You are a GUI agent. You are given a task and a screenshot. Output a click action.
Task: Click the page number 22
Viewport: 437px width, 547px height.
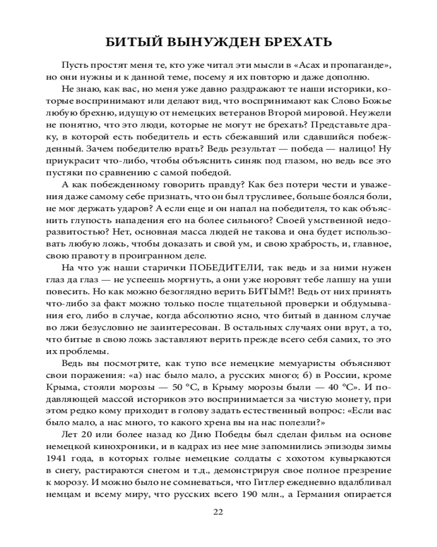(x=218, y=512)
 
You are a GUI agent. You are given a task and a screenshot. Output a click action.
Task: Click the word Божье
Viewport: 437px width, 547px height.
(x=376, y=101)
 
